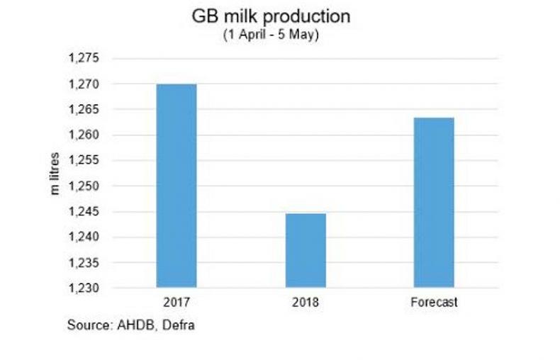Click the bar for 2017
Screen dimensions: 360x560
point(177,186)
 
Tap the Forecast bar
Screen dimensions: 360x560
point(434,202)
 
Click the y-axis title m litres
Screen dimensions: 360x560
point(55,174)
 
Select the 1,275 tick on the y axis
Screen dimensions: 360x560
point(85,59)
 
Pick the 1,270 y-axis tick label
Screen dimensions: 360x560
point(85,84)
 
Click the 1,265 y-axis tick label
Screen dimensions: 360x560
point(85,110)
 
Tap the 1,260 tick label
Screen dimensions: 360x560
point(85,135)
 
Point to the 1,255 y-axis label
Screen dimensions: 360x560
point(85,161)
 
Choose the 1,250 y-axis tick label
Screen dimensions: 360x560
point(85,186)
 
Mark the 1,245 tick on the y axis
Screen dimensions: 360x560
point(85,212)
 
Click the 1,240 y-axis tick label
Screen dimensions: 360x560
point(85,237)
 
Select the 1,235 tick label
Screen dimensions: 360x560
point(85,263)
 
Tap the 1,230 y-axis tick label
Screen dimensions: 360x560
point(85,288)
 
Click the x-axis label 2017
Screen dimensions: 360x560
point(177,303)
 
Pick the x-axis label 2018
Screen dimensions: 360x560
point(306,303)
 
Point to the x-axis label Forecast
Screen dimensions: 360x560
point(434,303)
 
